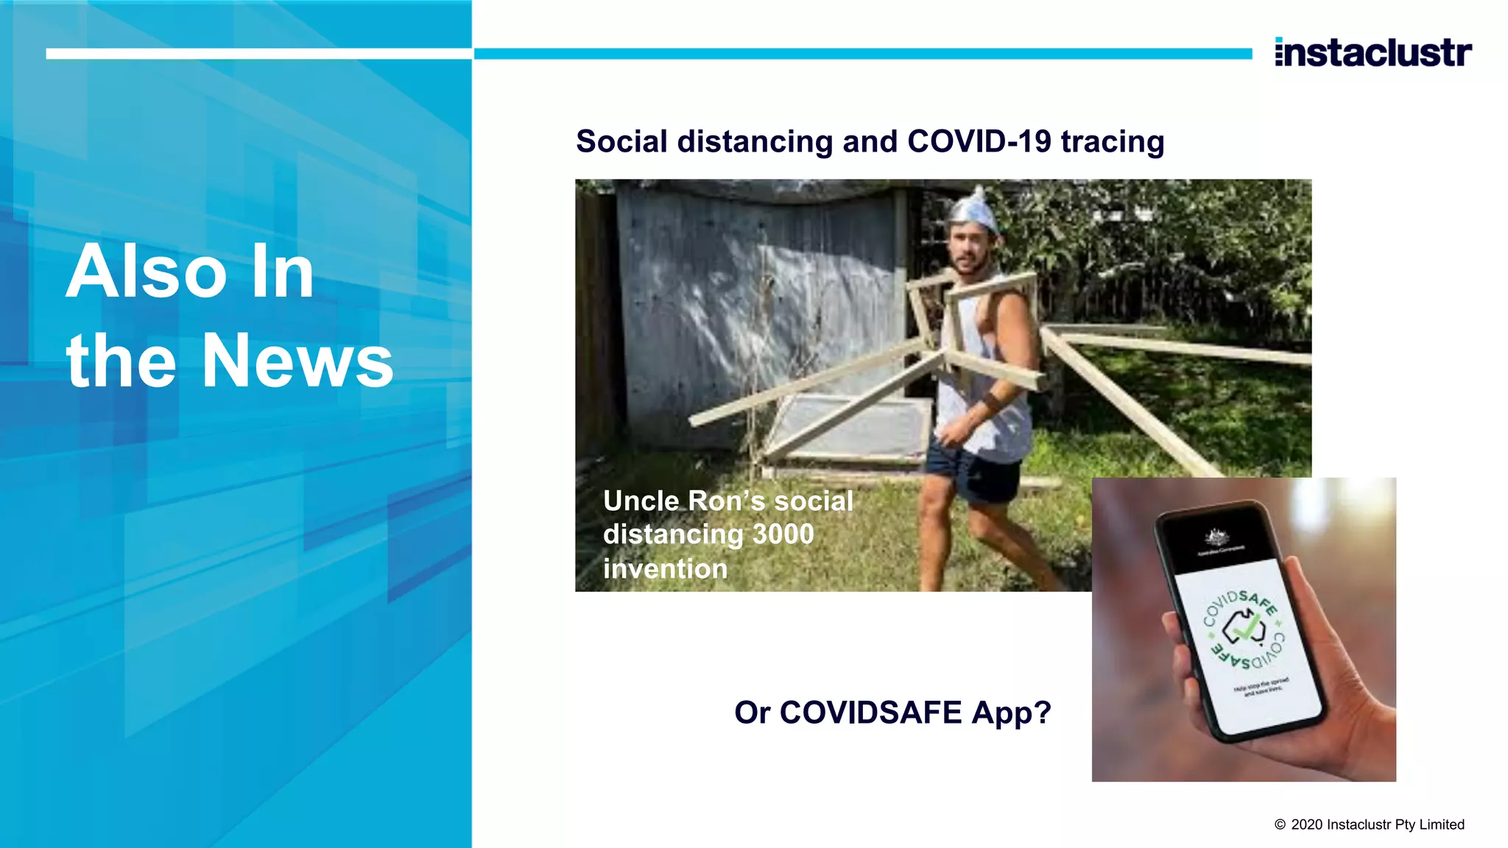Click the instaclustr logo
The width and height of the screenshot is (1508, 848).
(1373, 53)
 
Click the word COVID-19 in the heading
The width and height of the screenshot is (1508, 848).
(979, 141)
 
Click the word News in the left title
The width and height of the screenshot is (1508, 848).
(297, 361)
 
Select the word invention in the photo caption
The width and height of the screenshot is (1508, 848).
(665, 569)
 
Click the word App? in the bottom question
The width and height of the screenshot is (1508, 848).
(1011, 713)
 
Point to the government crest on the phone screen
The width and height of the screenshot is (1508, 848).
(1215, 537)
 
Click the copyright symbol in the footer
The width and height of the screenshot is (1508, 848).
(1280, 825)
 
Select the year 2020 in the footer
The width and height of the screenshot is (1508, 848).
(1307, 825)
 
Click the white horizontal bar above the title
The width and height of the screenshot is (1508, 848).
(258, 54)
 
